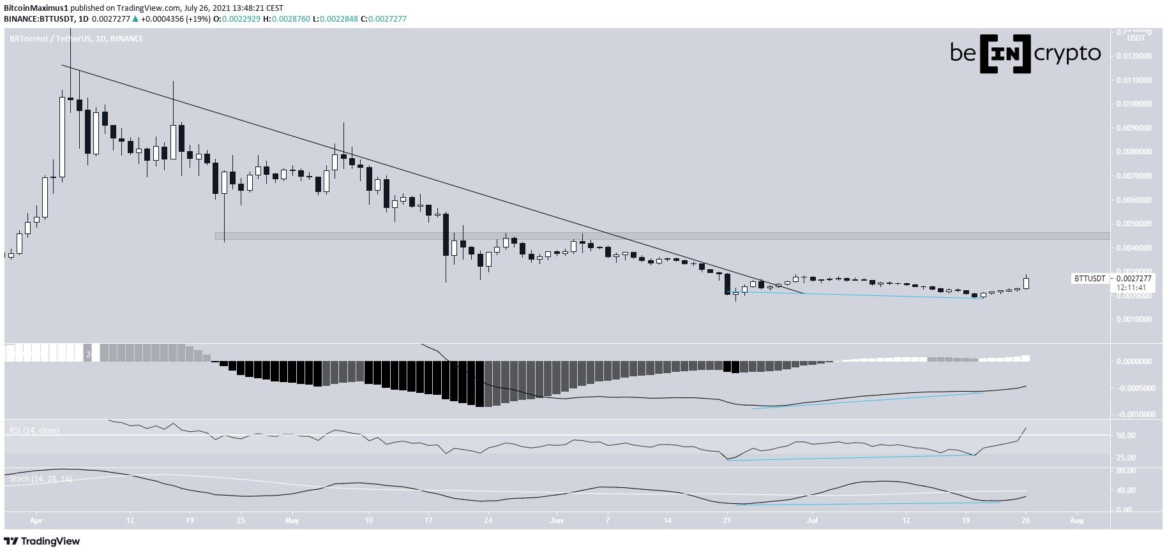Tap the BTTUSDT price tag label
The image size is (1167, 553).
tap(1090, 279)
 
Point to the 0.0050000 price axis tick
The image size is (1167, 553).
tap(1134, 224)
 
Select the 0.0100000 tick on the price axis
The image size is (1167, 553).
tap(1134, 104)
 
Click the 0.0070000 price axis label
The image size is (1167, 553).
tap(1134, 176)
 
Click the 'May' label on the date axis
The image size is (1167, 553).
tap(292, 520)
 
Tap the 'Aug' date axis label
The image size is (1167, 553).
tap(1077, 520)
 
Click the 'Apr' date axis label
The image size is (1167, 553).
tap(35, 520)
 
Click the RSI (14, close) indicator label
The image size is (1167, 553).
tap(34, 431)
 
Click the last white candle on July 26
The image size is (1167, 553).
tap(1026, 283)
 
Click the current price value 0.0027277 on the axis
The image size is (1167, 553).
tap(1134, 279)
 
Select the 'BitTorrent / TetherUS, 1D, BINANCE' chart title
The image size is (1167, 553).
tap(77, 39)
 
